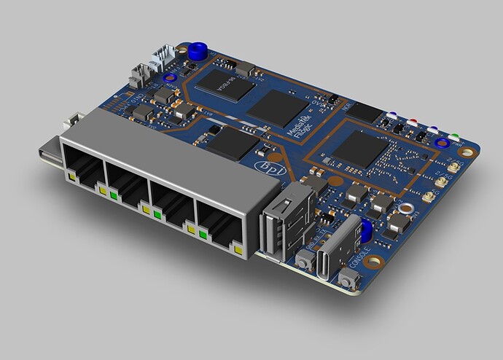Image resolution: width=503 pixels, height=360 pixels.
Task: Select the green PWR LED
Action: (x=453, y=136)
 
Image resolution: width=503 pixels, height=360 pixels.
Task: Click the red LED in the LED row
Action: (x=414, y=122)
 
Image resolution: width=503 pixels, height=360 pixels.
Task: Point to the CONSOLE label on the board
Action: (x=360, y=259)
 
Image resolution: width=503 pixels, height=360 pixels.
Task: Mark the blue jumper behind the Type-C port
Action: (x=366, y=230)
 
